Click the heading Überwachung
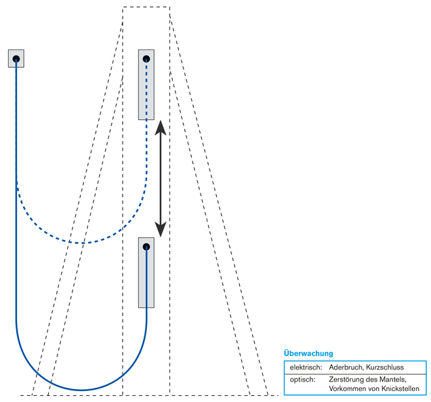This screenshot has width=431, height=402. tap(308, 353)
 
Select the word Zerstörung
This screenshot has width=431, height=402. tap(347, 379)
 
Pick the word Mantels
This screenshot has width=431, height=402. tap(392, 379)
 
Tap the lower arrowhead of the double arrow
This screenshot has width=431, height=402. tap(161, 230)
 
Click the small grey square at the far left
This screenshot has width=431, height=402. tap(16, 58)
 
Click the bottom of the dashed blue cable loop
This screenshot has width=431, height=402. tap(81, 243)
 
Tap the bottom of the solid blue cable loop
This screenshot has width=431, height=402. tap(81, 390)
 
